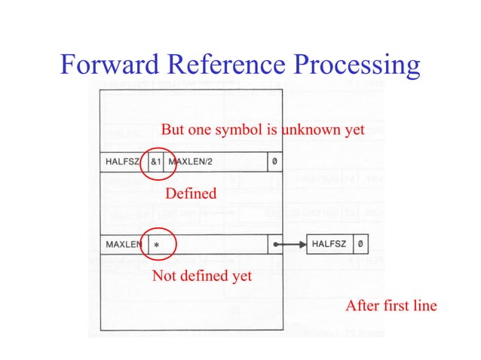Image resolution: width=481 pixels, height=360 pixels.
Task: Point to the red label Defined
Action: [191, 194]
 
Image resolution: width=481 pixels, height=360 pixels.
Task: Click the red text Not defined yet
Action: [202, 276]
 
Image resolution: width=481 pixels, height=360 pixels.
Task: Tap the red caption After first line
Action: [391, 306]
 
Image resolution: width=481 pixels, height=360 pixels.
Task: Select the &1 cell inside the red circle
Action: [155, 162]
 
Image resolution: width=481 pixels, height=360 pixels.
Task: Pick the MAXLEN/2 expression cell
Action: [195, 162]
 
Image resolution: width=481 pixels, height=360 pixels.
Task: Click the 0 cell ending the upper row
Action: [275, 162]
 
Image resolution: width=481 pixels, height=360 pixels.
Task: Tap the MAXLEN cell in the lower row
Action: [124, 245]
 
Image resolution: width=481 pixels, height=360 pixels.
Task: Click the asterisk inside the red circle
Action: [157, 246]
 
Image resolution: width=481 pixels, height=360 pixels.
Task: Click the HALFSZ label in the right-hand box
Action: [329, 245]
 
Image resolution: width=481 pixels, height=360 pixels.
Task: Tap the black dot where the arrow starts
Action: [276, 245]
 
